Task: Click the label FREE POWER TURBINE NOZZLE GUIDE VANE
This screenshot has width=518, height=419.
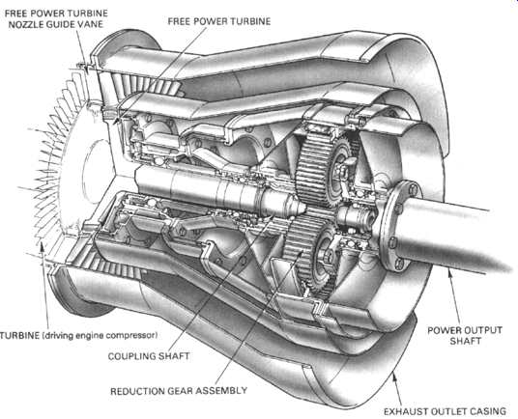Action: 56,18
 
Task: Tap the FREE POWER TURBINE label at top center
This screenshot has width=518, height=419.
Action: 219,21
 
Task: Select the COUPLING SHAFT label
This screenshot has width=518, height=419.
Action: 149,356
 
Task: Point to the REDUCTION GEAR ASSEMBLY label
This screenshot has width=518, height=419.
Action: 179,391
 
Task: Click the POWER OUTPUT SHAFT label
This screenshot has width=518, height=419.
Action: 465,336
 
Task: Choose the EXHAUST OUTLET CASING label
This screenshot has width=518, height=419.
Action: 445,411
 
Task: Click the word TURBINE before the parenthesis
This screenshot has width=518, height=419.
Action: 19,336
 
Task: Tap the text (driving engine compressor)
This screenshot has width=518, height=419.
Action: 100,336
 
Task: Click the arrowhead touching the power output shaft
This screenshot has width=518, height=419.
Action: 448,272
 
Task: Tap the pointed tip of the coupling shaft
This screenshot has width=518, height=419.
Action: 303,207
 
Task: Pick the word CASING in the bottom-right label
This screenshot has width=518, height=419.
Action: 489,411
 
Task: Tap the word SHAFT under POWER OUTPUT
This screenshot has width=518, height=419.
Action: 465,341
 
